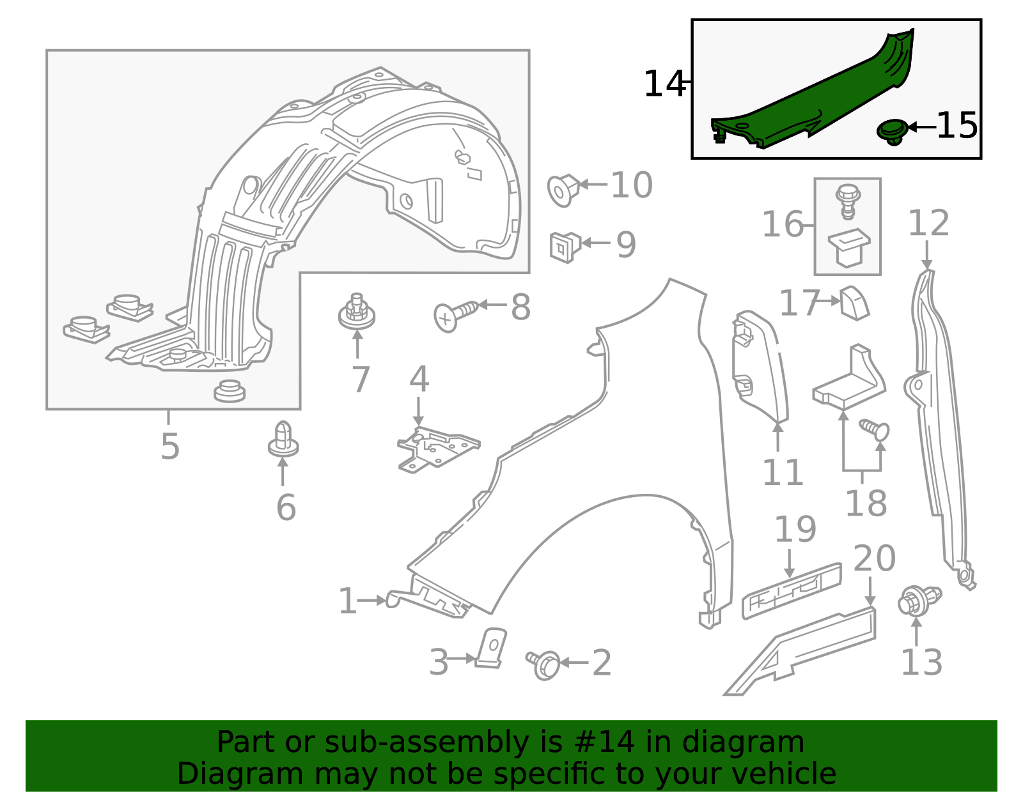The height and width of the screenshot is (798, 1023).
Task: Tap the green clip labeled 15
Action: (892, 130)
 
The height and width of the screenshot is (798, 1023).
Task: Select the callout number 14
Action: (663, 84)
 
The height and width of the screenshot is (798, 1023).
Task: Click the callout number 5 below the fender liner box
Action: (169, 446)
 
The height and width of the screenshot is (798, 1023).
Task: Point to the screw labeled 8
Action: (455, 315)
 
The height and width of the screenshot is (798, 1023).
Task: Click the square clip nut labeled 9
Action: (564, 247)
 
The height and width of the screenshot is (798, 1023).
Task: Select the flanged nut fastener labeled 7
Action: (356, 313)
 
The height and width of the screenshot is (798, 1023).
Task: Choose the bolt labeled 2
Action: (544, 664)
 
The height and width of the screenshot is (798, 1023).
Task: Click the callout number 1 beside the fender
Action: (347, 601)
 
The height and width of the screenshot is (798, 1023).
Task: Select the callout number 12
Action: (928, 224)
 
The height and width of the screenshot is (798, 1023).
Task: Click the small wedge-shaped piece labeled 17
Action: (854, 303)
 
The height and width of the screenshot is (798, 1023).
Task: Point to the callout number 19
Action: (795, 529)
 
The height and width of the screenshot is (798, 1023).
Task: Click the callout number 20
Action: (873, 558)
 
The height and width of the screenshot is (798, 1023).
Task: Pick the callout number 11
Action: (782, 473)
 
